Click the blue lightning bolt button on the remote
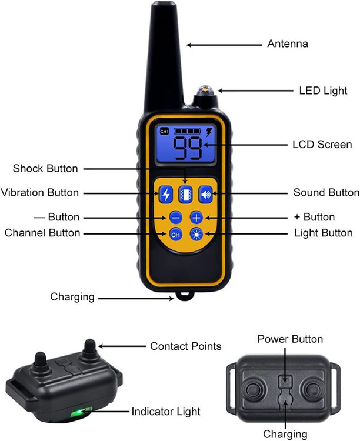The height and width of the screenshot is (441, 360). (166, 194)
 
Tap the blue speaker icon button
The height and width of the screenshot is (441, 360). (206, 194)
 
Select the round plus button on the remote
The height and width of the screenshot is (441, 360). (196, 218)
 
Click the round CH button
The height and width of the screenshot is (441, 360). (176, 235)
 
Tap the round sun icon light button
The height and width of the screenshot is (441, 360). (196, 234)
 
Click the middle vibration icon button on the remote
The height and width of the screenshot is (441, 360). (186, 194)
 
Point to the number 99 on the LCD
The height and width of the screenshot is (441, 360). (187, 148)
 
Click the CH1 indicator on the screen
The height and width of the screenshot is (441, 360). (164, 131)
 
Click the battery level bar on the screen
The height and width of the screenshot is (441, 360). (188, 131)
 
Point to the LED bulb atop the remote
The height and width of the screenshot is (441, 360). (205, 91)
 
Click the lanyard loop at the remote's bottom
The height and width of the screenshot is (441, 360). (185, 296)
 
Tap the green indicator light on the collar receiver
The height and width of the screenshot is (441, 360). (81, 411)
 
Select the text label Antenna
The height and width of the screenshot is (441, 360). (288, 44)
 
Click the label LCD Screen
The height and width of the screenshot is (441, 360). (322, 145)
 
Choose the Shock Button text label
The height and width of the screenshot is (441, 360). (45, 169)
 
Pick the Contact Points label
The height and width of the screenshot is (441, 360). (186, 346)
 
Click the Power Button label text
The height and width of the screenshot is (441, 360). (290, 339)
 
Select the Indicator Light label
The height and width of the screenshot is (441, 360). (166, 412)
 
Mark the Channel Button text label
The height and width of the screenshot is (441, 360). (42, 233)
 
